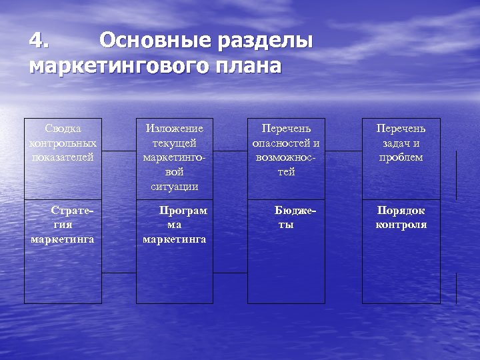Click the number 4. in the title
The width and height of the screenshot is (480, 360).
[x=39, y=41]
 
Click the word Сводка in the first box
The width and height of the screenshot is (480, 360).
[x=63, y=128]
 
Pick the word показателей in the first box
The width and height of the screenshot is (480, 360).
[x=63, y=157]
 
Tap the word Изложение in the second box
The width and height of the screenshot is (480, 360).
[x=175, y=128]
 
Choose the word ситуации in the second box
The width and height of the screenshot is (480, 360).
[x=175, y=187]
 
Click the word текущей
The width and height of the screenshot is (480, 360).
[x=175, y=143]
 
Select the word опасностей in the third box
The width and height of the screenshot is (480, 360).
[x=285, y=143]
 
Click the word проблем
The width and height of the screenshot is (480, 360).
[x=401, y=157]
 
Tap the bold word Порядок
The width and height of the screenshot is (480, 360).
[x=401, y=211]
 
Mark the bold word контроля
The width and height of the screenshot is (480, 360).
[x=401, y=225]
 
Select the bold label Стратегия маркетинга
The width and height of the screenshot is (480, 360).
[x=63, y=225]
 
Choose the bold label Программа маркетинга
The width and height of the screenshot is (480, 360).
[x=175, y=225]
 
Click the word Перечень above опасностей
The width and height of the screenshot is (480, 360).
[x=285, y=128]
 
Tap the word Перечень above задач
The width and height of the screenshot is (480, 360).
[x=401, y=128]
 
